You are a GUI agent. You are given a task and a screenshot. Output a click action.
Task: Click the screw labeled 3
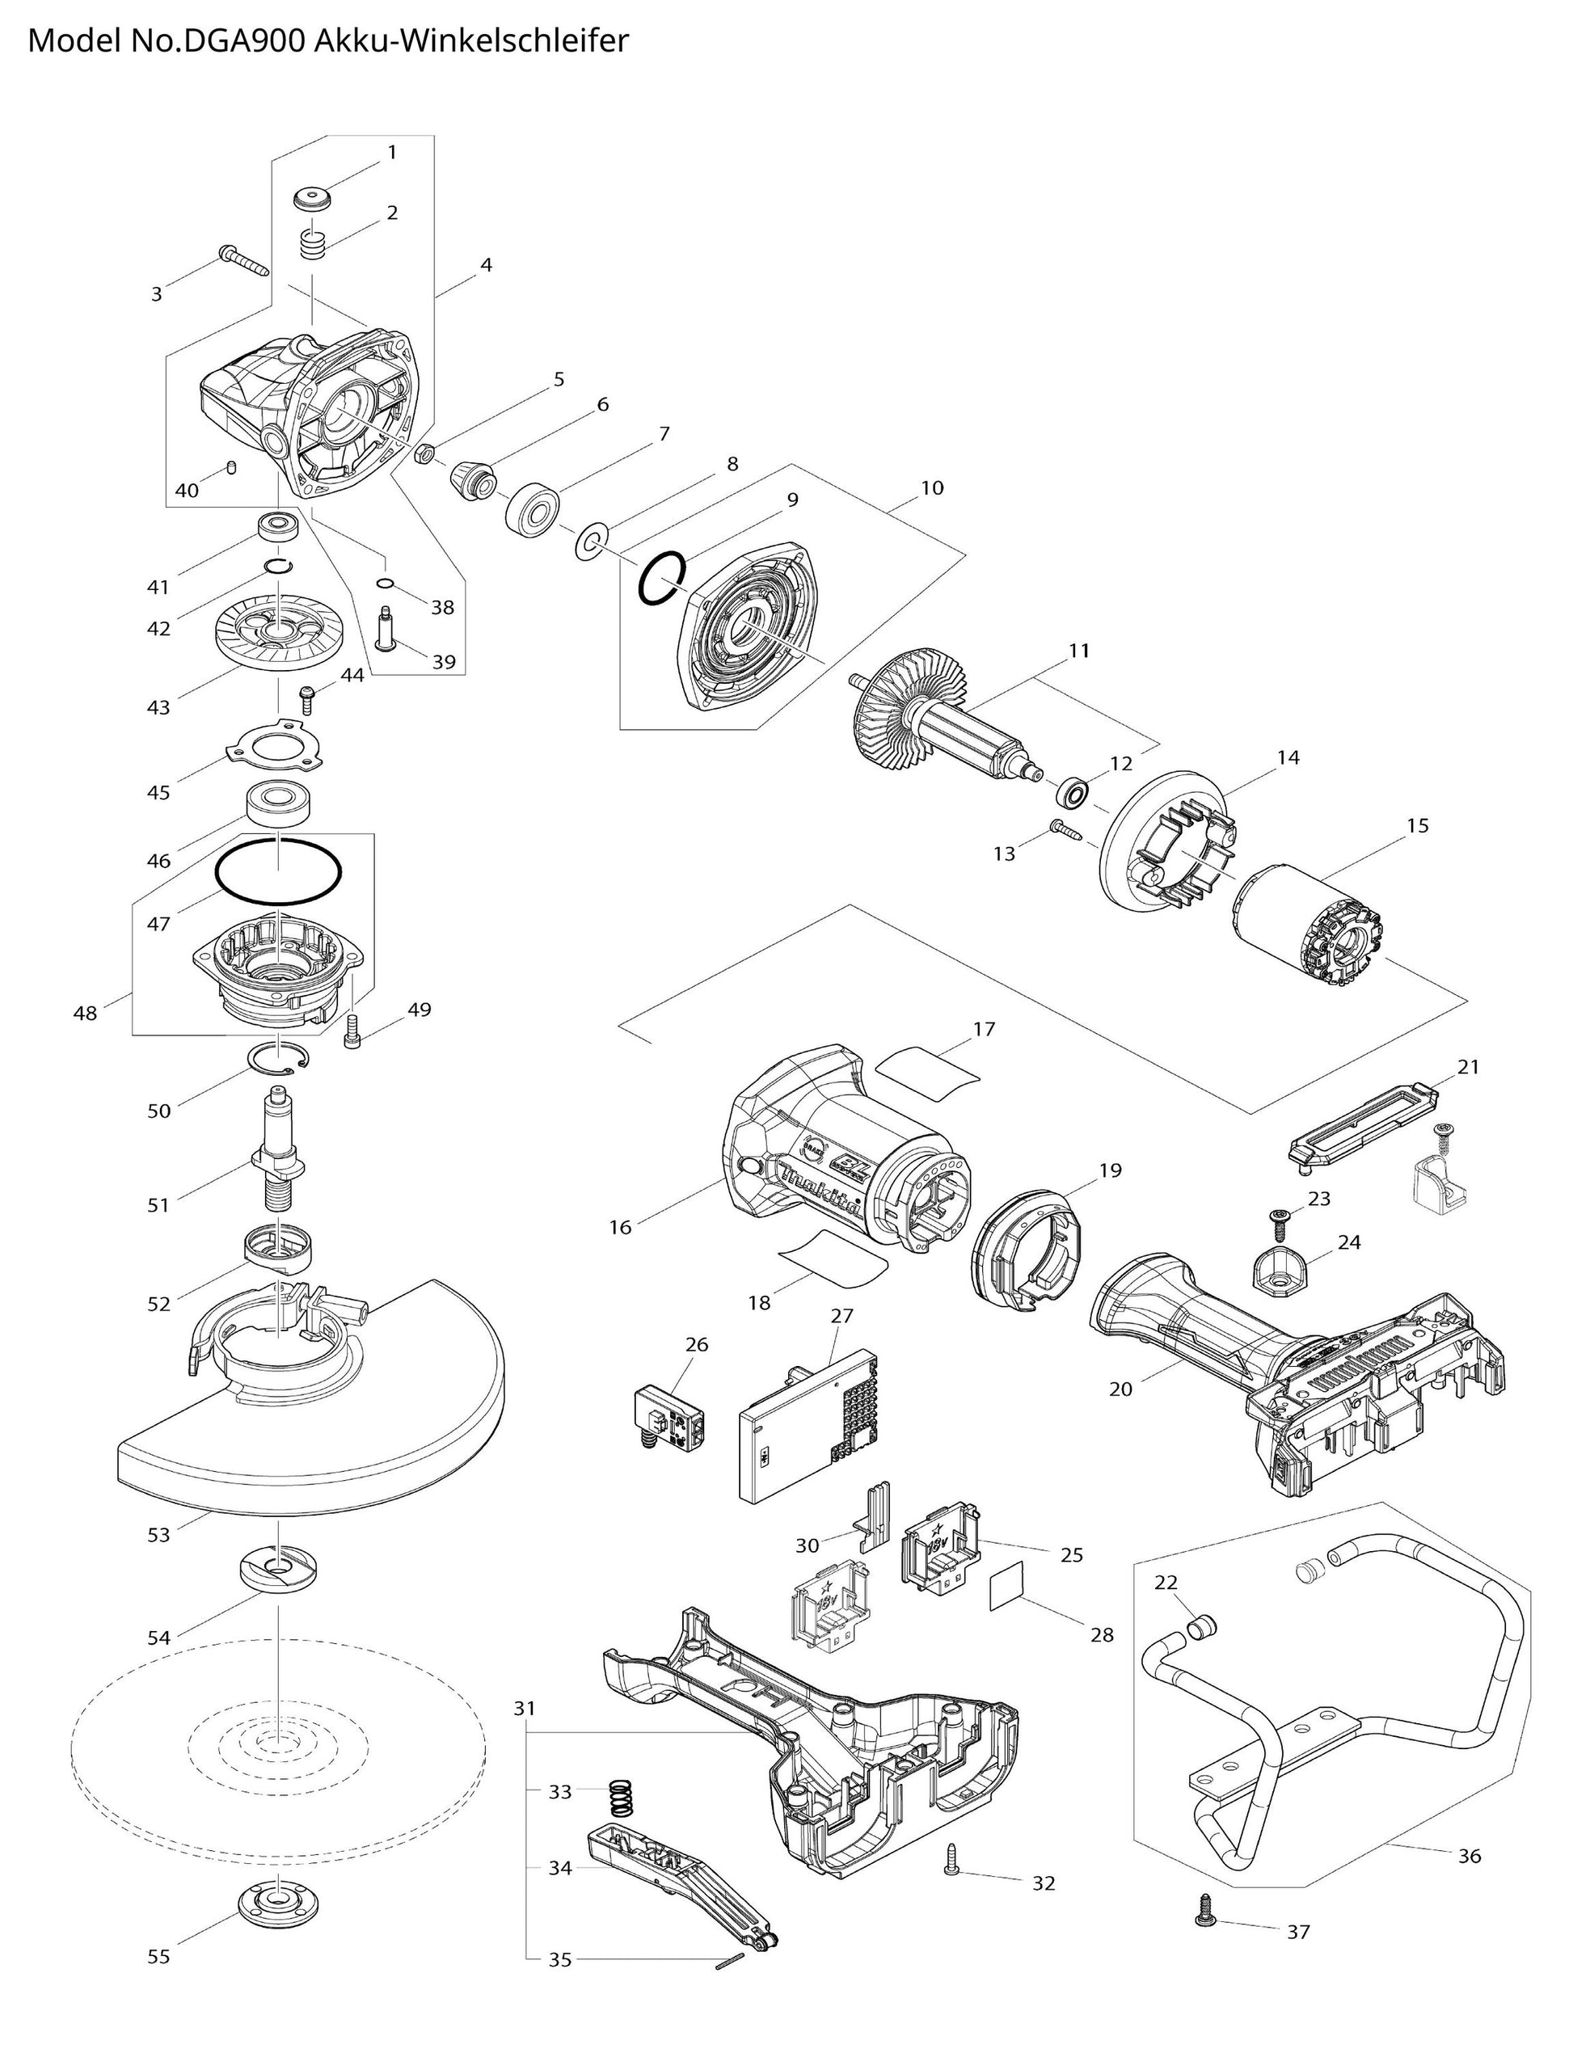click(x=243, y=259)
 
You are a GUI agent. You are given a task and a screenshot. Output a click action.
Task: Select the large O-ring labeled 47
click(x=278, y=871)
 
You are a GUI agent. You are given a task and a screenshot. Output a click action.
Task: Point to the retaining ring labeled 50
click(x=280, y=1058)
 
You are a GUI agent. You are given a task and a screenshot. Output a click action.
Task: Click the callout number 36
click(x=1469, y=1855)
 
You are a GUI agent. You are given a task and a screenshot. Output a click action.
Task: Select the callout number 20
click(x=1121, y=1389)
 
